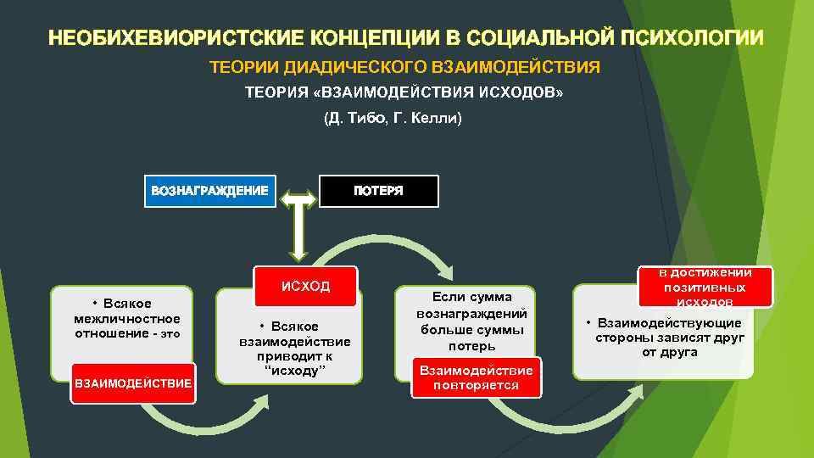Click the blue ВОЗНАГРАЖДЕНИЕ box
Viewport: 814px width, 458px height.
pos(209,191)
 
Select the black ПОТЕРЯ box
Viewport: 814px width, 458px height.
pos(378,191)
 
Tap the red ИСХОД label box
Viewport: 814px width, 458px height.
pos(305,286)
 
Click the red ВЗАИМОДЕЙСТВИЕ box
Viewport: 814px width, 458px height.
pos(134,383)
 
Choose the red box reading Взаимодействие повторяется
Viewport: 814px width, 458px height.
pos(476,377)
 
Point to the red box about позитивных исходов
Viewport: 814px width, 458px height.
pos(707,287)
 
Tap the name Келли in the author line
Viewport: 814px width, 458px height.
pos(432,119)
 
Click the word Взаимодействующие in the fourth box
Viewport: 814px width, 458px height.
pos(669,323)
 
